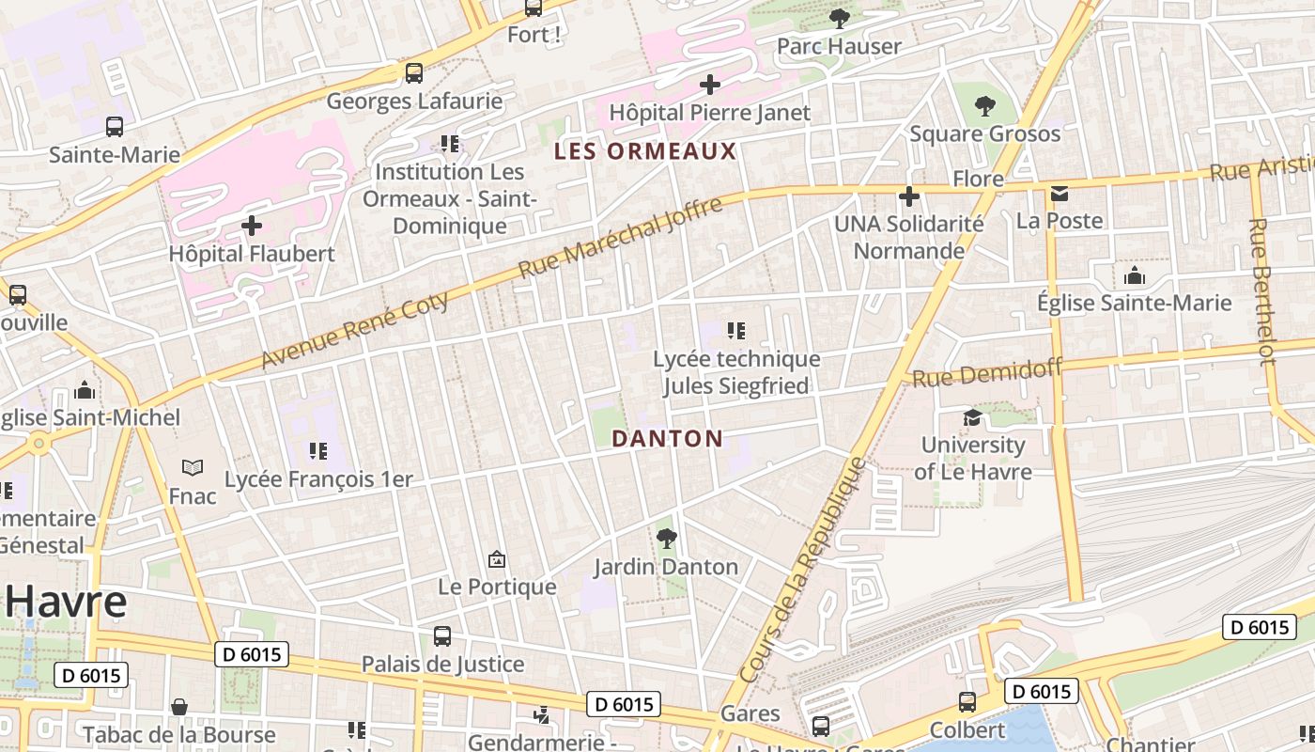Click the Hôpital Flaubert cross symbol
[x=252, y=226]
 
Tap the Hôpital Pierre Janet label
[x=709, y=113]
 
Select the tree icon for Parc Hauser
[x=839, y=18]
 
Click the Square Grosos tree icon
[x=984, y=105]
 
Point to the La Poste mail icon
[x=1060, y=194]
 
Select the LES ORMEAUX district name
[x=645, y=151]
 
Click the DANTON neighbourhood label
[x=667, y=439]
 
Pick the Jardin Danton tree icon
[x=666, y=539]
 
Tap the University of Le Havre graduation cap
[x=972, y=417]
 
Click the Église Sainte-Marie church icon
[x=1134, y=275]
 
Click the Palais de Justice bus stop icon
[x=442, y=636]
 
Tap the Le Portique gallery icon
[x=497, y=560]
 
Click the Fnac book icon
[x=192, y=467]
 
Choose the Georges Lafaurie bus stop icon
[x=413, y=72]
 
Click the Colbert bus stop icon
[x=967, y=702]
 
